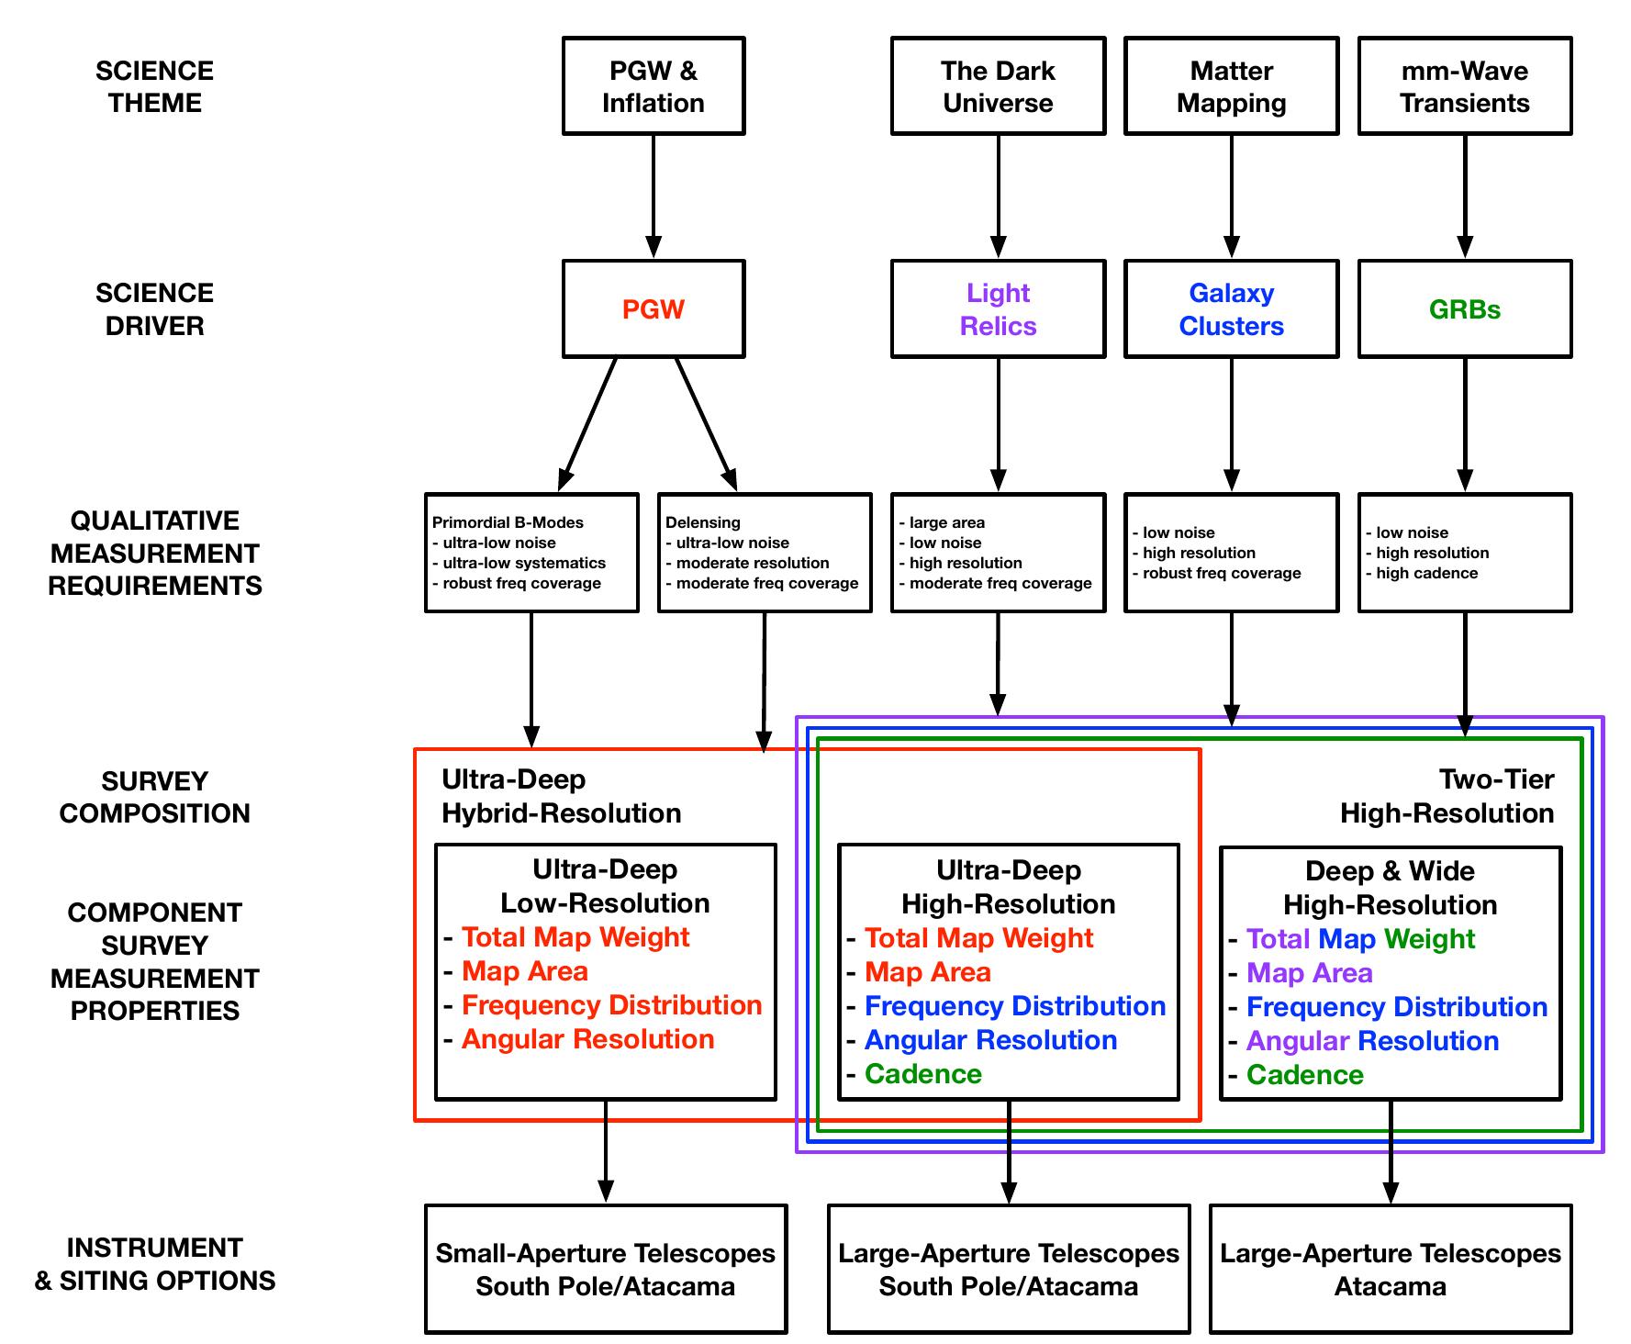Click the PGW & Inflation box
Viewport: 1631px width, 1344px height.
654,86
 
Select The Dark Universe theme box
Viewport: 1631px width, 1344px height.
998,86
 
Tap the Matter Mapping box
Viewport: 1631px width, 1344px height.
1231,86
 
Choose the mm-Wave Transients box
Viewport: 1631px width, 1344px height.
1465,86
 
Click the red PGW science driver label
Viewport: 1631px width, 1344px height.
654,309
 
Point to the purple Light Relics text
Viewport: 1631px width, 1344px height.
998,309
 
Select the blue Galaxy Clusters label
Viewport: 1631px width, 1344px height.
1231,309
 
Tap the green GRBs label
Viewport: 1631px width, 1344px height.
1465,309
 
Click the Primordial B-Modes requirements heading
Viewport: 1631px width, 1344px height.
508,522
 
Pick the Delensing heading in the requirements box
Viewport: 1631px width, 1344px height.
702,522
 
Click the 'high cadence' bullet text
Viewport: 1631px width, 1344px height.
1427,573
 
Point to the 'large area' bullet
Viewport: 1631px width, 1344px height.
947,522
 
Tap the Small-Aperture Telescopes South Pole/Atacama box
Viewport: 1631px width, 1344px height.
606,1269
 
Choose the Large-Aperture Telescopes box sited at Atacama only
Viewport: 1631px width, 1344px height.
1391,1269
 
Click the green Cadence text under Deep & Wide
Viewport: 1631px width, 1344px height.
1305,1075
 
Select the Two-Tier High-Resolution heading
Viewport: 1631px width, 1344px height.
1447,796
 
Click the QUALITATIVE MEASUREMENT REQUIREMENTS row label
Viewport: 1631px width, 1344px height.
155,553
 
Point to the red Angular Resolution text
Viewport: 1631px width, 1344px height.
588,1039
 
